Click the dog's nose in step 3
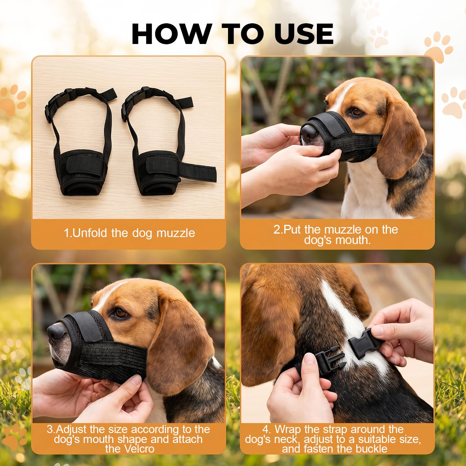point(55,332)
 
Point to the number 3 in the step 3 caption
point(50,429)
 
